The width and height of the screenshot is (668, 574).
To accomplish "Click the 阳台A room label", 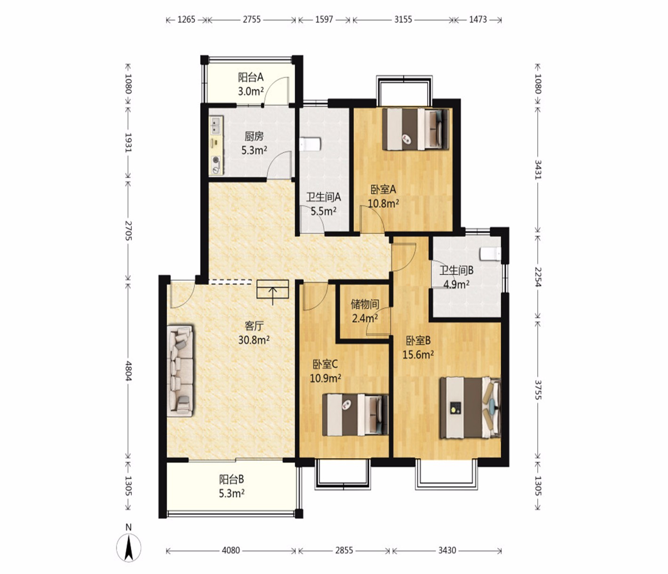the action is (251, 77).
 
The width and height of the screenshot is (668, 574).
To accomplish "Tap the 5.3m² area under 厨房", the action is (254, 150).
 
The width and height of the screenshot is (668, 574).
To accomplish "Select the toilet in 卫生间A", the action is (310, 144).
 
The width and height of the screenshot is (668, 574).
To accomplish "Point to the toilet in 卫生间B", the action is (490, 254).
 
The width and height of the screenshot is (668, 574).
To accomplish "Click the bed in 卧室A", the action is (415, 129).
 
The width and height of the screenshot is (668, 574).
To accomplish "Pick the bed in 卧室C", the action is (355, 415).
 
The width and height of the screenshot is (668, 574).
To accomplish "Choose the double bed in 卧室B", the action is (470, 408).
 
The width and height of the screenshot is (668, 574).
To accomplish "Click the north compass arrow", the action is (128, 549).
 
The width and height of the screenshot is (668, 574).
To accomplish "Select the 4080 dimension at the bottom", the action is (231, 550).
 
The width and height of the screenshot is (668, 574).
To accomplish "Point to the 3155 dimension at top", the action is (403, 20).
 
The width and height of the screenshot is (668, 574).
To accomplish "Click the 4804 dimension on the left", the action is (128, 371).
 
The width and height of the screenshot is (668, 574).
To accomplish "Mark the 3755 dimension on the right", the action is (537, 390).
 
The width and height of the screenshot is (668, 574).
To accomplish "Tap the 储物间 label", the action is (365, 304).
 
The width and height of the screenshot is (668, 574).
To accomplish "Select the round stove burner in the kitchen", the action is (215, 160).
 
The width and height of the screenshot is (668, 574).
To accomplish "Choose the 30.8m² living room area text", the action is (254, 340).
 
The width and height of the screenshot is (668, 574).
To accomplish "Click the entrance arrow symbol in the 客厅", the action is (273, 292).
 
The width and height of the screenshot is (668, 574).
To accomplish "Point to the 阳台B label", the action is (231, 479).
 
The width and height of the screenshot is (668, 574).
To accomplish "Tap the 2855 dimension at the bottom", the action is (344, 550).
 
